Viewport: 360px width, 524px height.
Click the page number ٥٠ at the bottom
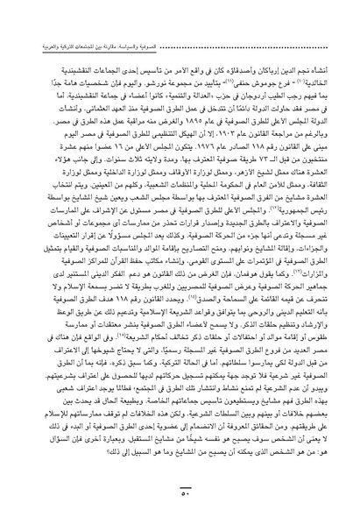pos(180,510)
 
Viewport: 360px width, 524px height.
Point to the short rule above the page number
pos(180,500)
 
